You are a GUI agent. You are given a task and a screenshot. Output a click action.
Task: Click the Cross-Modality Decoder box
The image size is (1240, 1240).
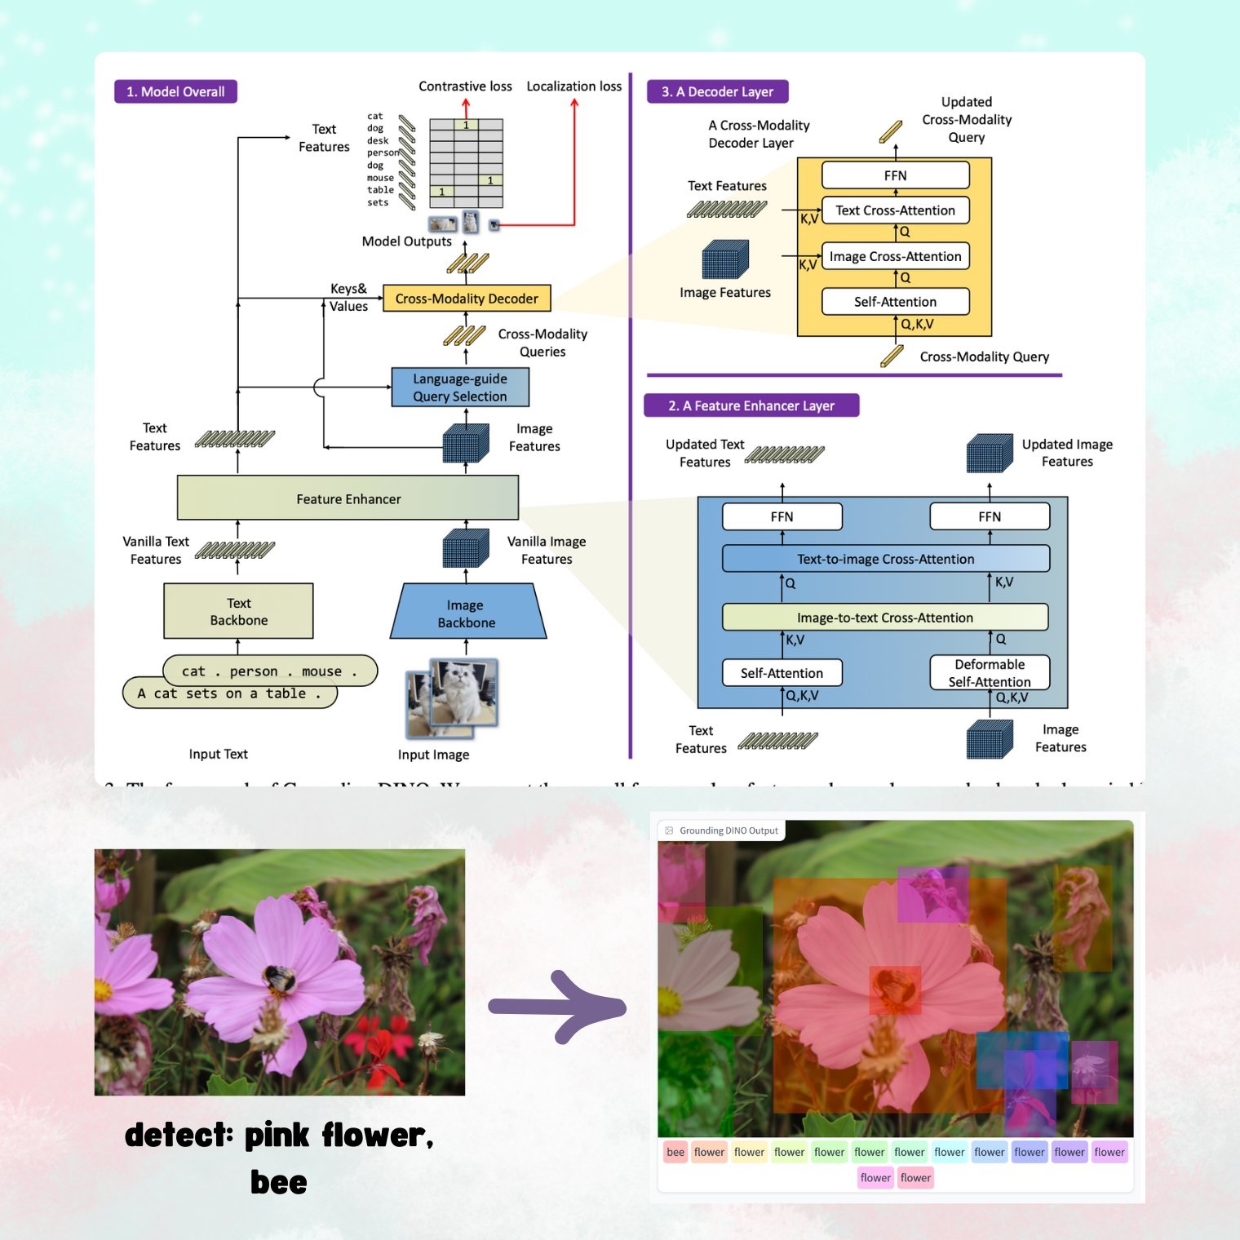pos(467,299)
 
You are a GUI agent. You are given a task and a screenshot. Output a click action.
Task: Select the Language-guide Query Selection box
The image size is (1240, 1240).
pos(460,387)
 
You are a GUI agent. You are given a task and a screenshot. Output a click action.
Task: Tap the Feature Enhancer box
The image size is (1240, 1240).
pos(348,498)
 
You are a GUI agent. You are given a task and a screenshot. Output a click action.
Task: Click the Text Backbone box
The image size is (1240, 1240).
pos(238,611)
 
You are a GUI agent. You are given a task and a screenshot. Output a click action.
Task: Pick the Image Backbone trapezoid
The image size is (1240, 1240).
pos(467,613)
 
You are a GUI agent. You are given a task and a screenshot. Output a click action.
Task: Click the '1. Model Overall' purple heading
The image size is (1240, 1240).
pos(175,91)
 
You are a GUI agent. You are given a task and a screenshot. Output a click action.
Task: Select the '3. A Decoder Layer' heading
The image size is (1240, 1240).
pos(717,91)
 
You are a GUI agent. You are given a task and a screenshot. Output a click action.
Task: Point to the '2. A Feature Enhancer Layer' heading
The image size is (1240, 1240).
pos(751,405)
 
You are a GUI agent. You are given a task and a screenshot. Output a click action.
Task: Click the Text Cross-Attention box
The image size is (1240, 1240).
pos(895,210)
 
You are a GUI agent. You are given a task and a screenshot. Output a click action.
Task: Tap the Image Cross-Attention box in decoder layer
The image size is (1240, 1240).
pos(895,256)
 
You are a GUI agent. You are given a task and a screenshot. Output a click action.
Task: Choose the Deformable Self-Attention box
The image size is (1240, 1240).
pos(990,673)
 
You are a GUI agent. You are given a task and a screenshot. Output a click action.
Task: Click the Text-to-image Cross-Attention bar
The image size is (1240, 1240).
pos(885,559)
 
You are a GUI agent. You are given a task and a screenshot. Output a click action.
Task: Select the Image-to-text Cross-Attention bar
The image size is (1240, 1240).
pos(885,618)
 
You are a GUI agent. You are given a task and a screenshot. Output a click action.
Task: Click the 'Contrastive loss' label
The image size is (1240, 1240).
pos(465,86)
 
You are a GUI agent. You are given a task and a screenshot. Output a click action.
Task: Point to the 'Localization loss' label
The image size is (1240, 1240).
pos(573,86)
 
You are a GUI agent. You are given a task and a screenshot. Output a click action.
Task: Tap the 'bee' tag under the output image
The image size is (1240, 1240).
pos(675,1152)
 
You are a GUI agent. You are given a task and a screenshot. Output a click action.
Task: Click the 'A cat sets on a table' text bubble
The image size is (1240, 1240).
pos(228,693)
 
